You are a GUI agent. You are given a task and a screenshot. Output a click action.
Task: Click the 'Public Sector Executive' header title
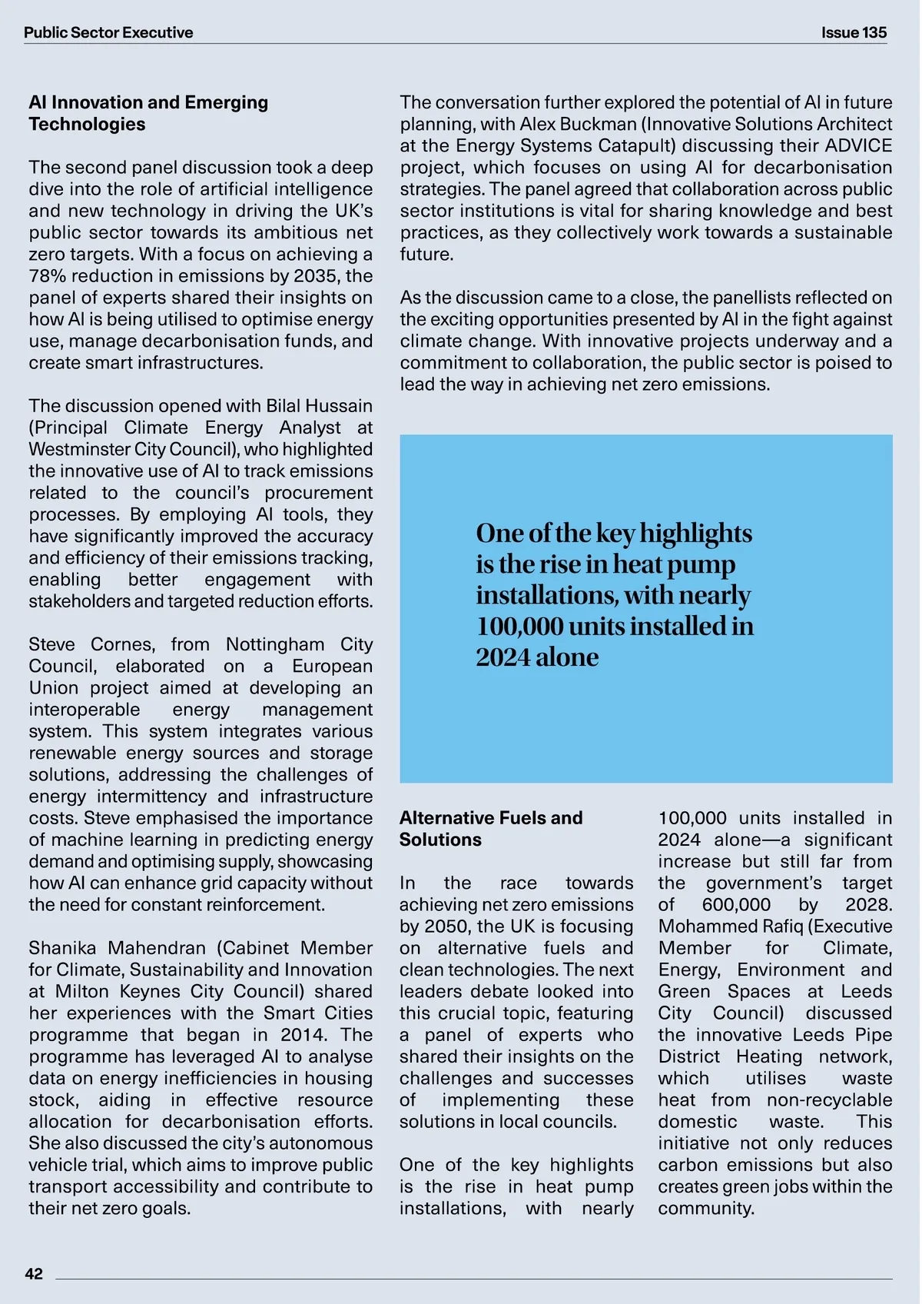pyautogui.click(x=108, y=32)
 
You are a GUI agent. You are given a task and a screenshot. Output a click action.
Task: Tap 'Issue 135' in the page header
pyautogui.click(x=854, y=32)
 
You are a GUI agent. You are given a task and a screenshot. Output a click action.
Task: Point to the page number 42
pyautogui.click(x=35, y=1274)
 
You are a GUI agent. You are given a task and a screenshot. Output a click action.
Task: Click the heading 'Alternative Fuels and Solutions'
pyautogui.click(x=491, y=828)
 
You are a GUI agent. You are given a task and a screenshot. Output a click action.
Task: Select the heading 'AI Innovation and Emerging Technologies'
pyautogui.click(x=148, y=113)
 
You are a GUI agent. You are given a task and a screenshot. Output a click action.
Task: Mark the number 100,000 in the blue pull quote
pyautogui.click(x=519, y=626)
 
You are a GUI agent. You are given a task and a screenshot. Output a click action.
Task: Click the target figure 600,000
pyautogui.click(x=736, y=905)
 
